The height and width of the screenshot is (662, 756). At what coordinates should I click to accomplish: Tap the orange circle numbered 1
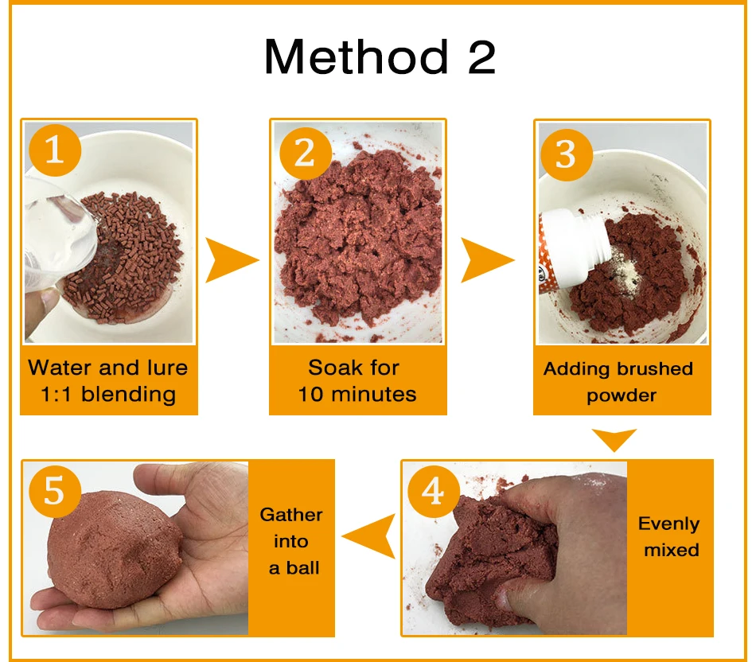point(54,150)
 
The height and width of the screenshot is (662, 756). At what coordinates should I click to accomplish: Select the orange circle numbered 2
point(306,154)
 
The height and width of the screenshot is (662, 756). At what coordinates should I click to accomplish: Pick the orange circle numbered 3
point(566,155)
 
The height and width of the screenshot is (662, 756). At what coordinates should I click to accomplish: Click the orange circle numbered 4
point(433,492)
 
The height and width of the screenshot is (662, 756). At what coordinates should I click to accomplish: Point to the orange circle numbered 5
point(54,492)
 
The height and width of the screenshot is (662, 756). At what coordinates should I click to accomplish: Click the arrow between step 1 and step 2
point(232,260)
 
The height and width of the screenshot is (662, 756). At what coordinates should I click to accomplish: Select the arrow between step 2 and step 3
point(487,260)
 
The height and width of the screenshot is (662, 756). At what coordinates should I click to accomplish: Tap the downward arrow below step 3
point(614,438)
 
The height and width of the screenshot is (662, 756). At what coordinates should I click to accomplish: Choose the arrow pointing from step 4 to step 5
point(368,536)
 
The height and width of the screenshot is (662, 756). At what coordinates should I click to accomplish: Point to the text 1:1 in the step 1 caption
point(57,395)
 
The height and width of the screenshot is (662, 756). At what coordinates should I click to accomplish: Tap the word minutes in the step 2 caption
point(374,395)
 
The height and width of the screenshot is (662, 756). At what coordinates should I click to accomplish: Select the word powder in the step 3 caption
point(622,396)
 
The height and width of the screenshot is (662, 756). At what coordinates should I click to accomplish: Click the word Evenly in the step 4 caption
point(668,524)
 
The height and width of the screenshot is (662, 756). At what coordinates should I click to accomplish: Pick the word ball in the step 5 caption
point(302,567)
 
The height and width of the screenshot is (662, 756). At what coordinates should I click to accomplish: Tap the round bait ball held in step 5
point(115,550)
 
